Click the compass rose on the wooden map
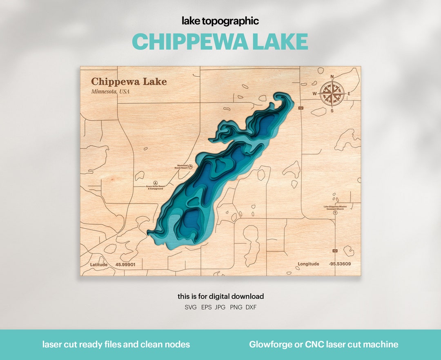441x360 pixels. click(332, 93)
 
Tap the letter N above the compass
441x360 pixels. click(332, 76)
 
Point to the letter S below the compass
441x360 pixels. click(332, 111)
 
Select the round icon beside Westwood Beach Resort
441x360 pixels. click(190, 167)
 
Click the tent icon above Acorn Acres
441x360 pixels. click(155, 182)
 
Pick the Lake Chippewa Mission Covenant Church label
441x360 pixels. click(335, 208)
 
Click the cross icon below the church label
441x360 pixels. click(335, 213)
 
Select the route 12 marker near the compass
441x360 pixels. click(301, 108)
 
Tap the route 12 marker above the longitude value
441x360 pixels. click(335, 250)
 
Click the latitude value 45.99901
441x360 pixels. click(125, 265)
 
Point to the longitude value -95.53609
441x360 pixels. click(340, 264)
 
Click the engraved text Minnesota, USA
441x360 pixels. click(110, 92)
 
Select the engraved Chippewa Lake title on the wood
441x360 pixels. click(129, 82)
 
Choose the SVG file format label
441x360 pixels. click(191, 307)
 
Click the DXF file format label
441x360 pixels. click(251, 307)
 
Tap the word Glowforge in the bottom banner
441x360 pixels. click(271, 344)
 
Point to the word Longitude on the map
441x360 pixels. click(308, 264)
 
